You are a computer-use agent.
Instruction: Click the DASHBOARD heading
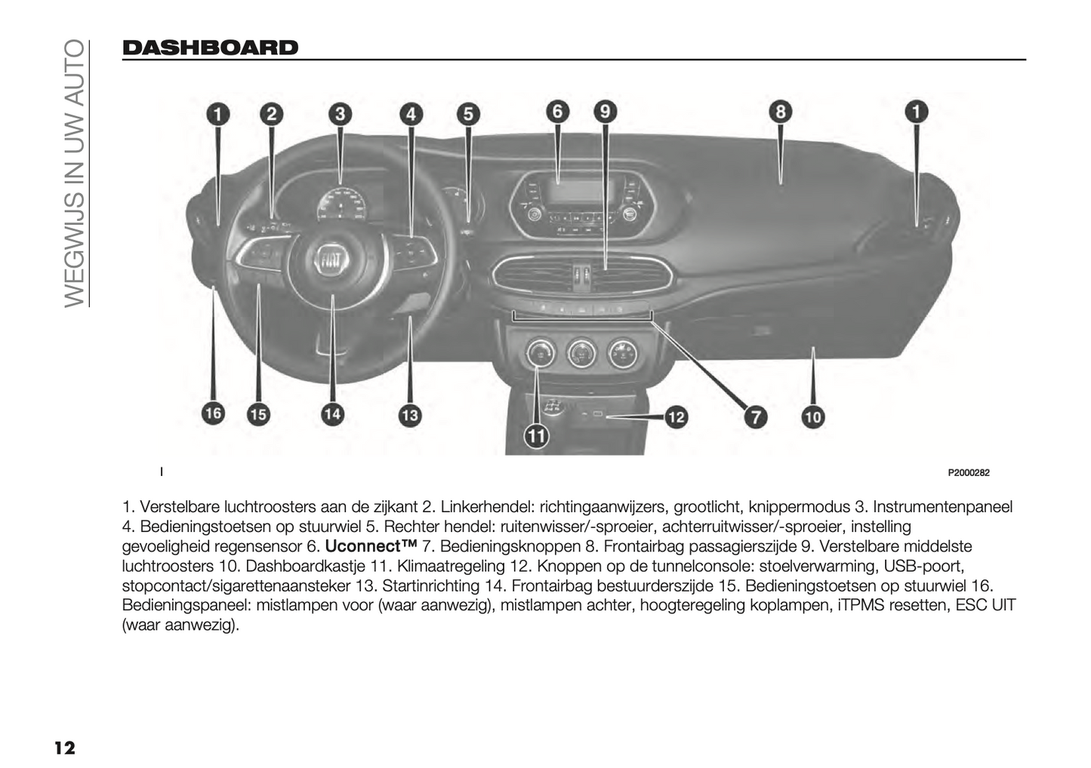tap(210, 48)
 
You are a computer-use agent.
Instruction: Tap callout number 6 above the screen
tap(557, 112)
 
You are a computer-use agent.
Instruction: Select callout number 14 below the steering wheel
tap(332, 413)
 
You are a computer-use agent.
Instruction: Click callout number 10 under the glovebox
tap(812, 416)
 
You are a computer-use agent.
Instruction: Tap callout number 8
tap(780, 112)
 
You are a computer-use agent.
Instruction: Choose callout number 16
tap(213, 413)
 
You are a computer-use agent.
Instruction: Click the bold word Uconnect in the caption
tap(371, 545)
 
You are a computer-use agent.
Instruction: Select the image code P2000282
tap(968, 473)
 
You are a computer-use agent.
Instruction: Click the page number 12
tap(64, 748)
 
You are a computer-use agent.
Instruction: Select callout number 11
tap(538, 436)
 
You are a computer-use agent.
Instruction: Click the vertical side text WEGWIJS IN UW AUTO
tap(73, 173)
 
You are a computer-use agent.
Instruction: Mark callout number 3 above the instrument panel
tap(341, 114)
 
